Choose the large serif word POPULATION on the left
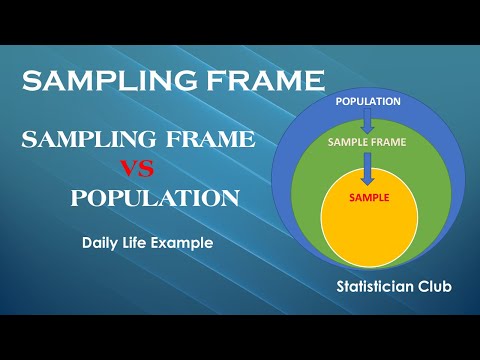point(154,198)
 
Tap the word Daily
point(106,241)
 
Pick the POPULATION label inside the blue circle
point(368,101)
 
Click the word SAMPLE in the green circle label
point(348,143)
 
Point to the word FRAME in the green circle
point(390,143)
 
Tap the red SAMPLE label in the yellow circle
point(368,197)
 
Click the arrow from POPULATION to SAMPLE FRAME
point(368,121)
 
